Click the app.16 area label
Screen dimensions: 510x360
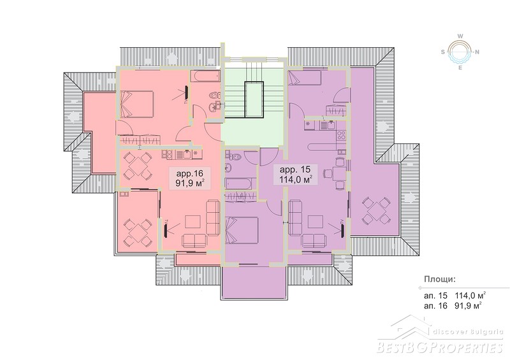click(x=190, y=177)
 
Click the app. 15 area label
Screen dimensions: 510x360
click(x=296, y=175)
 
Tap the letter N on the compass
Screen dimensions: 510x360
click(x=477, y=52)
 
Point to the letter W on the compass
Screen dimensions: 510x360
click(x=460, y=36)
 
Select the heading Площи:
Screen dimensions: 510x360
click(x=440, y=279)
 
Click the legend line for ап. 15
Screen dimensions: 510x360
click(x=455, y=295)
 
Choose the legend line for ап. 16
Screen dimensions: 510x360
click(x=453, y=306)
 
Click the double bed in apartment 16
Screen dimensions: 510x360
click(x=136, y=104)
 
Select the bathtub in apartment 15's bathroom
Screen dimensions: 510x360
click(x=240, y=184)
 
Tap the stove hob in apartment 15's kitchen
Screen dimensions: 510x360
click(x=341, y=134)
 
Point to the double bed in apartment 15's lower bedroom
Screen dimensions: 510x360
click(x=242, y=230)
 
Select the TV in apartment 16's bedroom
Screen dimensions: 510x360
click(x=187, y=92)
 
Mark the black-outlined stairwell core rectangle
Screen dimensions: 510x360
click(x=254, y=99)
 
